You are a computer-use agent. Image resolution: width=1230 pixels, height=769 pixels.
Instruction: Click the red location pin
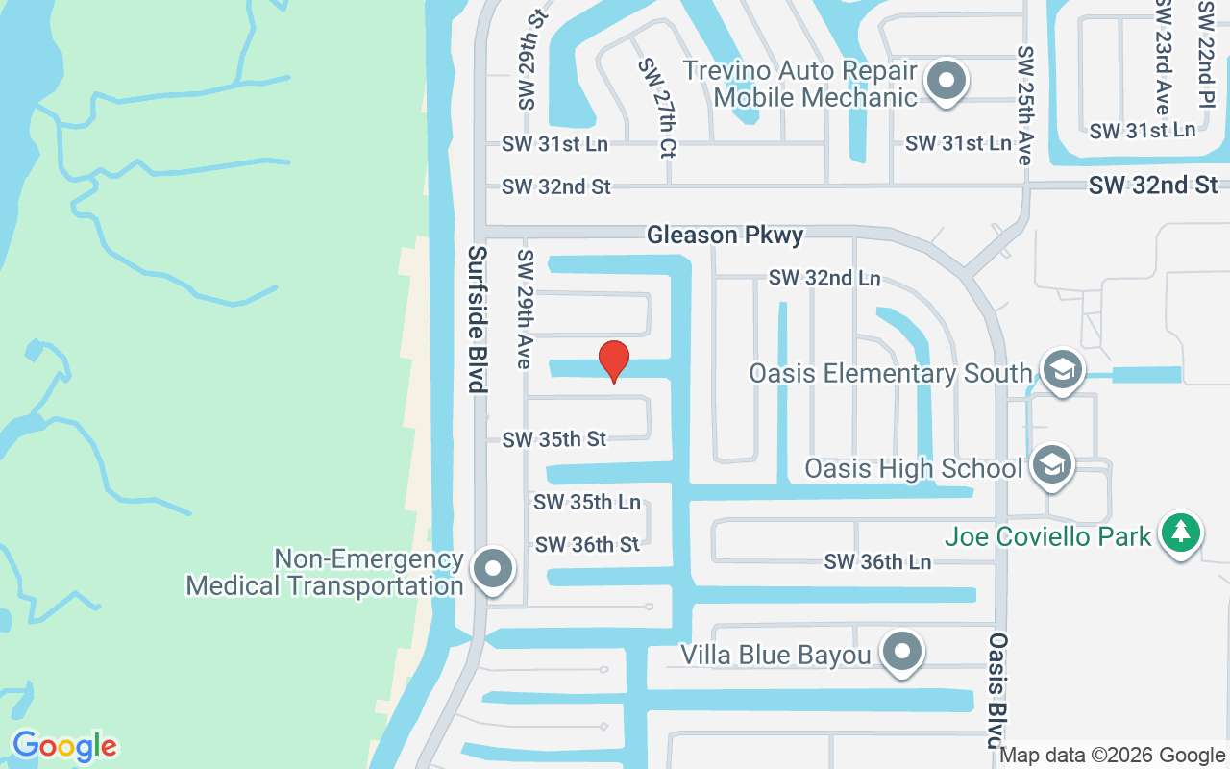coord(614,361)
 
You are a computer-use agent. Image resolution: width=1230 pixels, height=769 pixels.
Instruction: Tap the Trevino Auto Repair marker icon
coord(947,82)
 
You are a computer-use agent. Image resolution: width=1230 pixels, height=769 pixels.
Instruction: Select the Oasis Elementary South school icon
coord(1062,370)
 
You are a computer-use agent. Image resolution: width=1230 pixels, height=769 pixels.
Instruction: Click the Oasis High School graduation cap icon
coord(1052,466)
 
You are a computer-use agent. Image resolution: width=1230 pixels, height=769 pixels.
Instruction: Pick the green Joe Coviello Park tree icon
coord(1180,532)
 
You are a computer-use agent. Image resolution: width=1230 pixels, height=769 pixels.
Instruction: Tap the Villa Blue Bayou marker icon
coord(901,652)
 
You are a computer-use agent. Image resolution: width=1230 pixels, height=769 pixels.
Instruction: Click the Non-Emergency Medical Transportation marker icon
coord(494,568)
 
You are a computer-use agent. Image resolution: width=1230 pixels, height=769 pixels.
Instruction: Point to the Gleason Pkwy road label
coord(725,235)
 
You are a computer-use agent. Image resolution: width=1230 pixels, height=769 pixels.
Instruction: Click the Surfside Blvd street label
coord(478,319)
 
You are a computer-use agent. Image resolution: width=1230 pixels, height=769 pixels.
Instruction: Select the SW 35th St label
coord(554,439)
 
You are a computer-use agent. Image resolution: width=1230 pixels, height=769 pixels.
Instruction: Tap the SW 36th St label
coord(587,545)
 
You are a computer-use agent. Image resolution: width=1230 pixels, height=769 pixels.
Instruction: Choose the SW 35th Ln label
coord(587,502)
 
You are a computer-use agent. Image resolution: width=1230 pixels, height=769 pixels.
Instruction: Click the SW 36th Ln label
coord(877,562)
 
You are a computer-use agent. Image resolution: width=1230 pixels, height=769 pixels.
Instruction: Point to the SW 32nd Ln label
coord(824,278)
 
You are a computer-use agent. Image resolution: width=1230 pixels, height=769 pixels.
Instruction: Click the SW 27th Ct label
coord(659,107)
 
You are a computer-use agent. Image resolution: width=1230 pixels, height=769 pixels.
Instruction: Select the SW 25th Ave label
coord(1025,105)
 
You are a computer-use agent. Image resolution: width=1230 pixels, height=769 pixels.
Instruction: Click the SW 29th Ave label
coord(525,309)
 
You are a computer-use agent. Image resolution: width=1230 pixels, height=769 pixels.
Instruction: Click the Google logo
coord(64,746)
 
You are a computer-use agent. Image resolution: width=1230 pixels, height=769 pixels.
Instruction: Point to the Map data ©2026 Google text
coord(1112,756)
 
